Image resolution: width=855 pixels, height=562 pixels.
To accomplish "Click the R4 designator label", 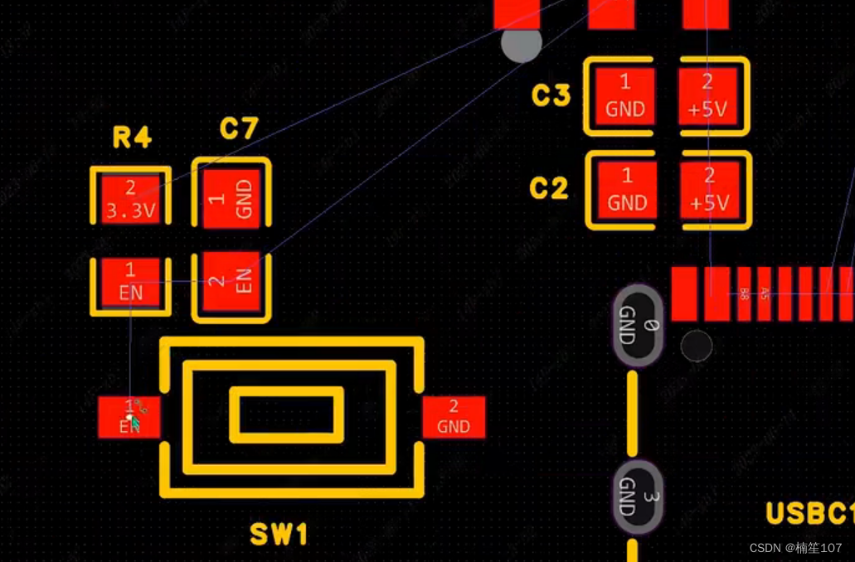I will coord(132,138).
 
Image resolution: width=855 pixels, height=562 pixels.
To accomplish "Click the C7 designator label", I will coord(239,128).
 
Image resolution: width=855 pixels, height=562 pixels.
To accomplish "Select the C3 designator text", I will coord(551,96).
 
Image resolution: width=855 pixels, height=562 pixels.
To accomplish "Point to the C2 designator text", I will coord(549,189).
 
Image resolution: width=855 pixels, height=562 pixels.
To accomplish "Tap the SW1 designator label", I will coord(279,535).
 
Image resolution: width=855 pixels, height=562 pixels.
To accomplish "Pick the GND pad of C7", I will coord(231,198).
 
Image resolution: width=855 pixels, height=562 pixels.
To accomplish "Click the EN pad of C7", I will coord(231,283).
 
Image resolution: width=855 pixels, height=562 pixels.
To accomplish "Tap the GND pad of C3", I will coord(625,95).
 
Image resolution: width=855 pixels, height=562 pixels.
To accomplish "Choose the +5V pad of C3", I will coord(707,95).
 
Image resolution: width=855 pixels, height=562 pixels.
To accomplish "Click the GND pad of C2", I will coord(626,190).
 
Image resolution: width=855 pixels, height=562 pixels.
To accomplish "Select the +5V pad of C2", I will coord(709,190).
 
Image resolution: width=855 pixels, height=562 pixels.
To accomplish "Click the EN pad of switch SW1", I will coord(129,417).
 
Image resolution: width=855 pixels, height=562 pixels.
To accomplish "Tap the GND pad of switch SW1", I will coord(454,417).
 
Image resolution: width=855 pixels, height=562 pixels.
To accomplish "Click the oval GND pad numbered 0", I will coord(639,325).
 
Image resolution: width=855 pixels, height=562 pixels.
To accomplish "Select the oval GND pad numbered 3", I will coord(639,497).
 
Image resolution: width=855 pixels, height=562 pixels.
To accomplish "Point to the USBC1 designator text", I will coord(809,514).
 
